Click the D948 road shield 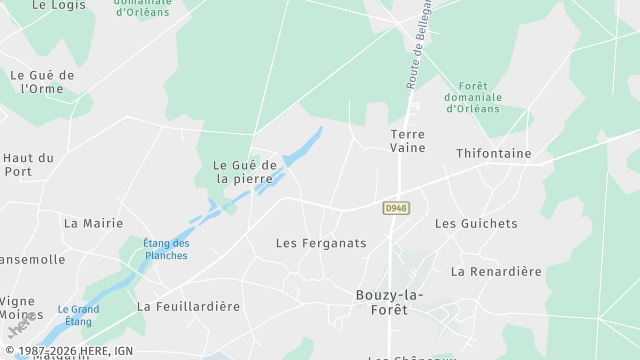(395, 208)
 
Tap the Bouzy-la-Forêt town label (389, 302)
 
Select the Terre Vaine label (407, 141)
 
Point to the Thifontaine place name (493, 154)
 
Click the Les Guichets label (476, 223)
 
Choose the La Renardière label (496, 271)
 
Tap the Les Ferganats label (321, 243)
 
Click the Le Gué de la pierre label (244, 172)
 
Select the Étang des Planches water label (166, 249)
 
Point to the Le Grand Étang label (78, 315)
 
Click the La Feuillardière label (189, 306)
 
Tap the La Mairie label (93, 223)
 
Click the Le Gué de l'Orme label (42, 82)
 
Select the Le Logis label (59, 5)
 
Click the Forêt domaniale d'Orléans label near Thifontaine (473, 97)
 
